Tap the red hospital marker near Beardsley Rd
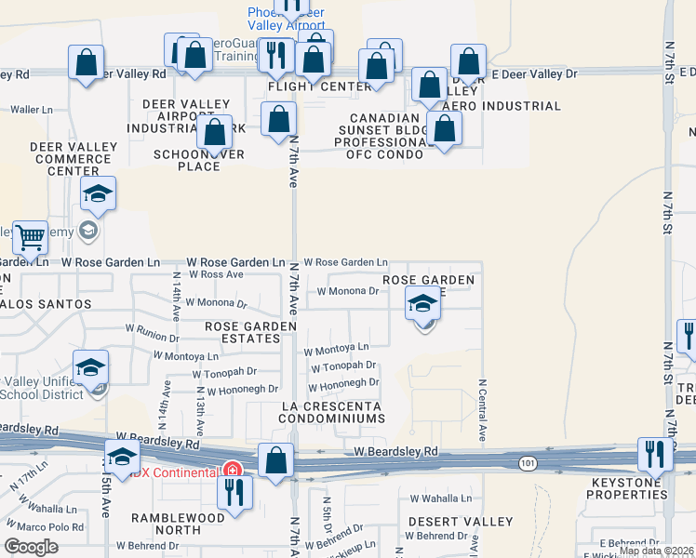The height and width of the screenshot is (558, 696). (x=230, y=470)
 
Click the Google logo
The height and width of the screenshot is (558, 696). (x=31, y=547)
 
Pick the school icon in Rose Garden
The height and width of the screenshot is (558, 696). (x=422, y=302)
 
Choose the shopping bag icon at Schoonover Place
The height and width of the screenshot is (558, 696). (x=215, y=131)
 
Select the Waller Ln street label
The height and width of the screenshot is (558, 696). (x=33, y=110)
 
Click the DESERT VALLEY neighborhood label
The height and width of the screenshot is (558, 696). (x=461, y=521)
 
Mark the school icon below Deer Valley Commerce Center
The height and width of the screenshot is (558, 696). (x=98, y=193)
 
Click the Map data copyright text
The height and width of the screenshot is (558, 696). (x=656, y=551)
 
